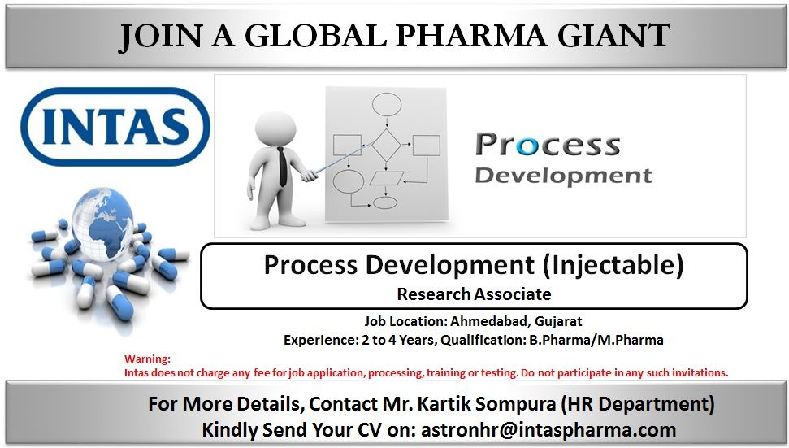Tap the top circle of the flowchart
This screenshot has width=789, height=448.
pyautogui.click(x=386, y=103)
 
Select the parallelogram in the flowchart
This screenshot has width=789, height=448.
pyautogui.click(x=386, y=178)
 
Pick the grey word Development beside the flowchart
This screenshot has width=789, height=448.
pyautogui.click(x=563, y=176)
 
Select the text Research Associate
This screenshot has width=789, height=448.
pyautogui.click(x=474, y=294)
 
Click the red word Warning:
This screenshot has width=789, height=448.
pyautogui.click(x=147, y=359)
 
